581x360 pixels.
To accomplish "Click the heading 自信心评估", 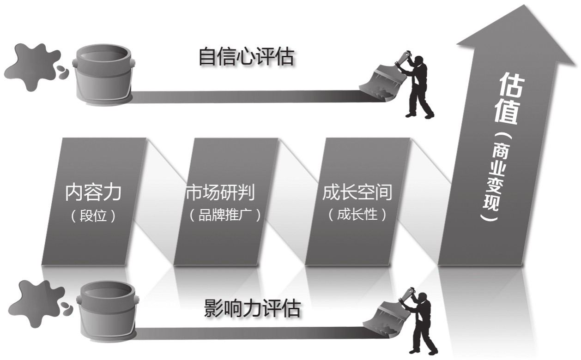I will (246, 58).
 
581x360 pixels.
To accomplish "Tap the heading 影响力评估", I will (252, 308).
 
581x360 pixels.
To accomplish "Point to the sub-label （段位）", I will (94, 216).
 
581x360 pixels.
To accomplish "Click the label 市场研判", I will (220, 192).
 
